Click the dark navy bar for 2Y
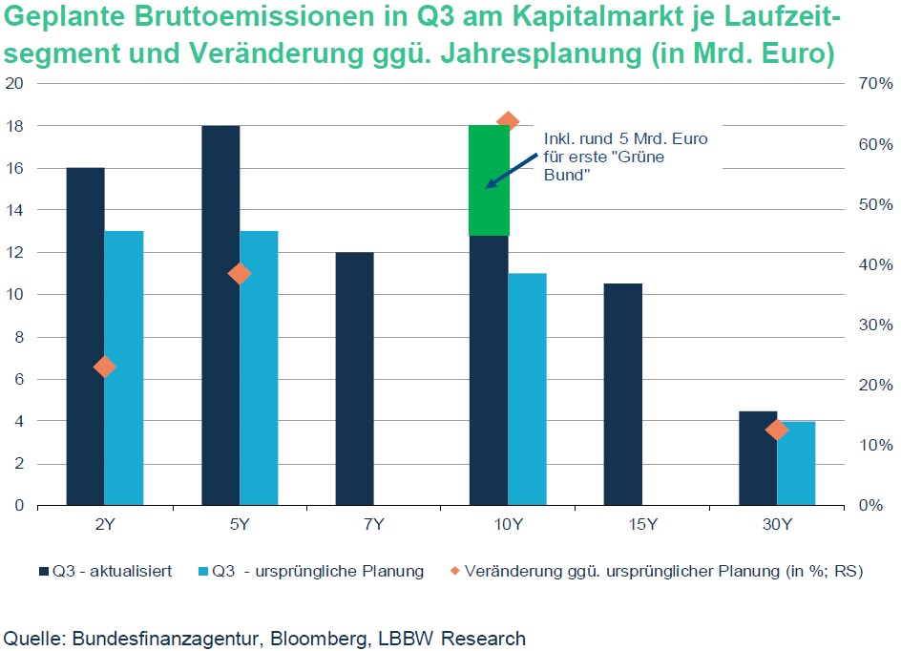(x=85, y=336)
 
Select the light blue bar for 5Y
(x=259, y=367)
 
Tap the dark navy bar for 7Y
(x=354, y=378)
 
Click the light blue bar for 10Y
(x=527, y=388)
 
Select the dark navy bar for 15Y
(x=623, y=394)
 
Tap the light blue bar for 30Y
(x=796, y=463)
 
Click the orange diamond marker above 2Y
(x=105, y=367)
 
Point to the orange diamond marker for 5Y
(x=240, y=274)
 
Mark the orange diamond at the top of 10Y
(x=508, y=121)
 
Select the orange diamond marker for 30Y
(x=777, y=430)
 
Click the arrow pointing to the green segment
(x=511, y=170)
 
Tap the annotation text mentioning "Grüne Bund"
(x=625, y=157)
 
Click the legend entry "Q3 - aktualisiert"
(x=105, y=572)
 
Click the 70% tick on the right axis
(x=873, y=84)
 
